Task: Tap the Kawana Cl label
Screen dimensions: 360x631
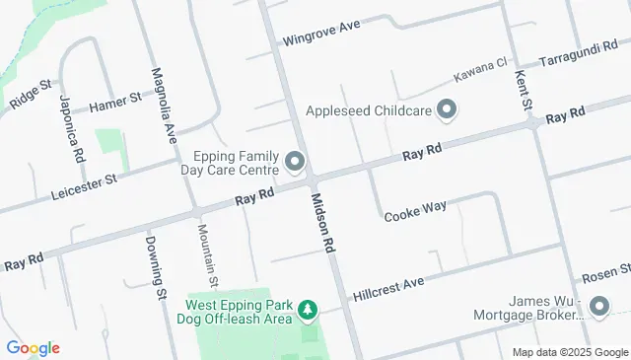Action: coord(479,69)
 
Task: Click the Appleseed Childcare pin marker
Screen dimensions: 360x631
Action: coord(447,109)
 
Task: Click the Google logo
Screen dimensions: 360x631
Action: coord(33,348)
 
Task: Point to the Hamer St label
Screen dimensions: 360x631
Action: coord(115,106)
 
